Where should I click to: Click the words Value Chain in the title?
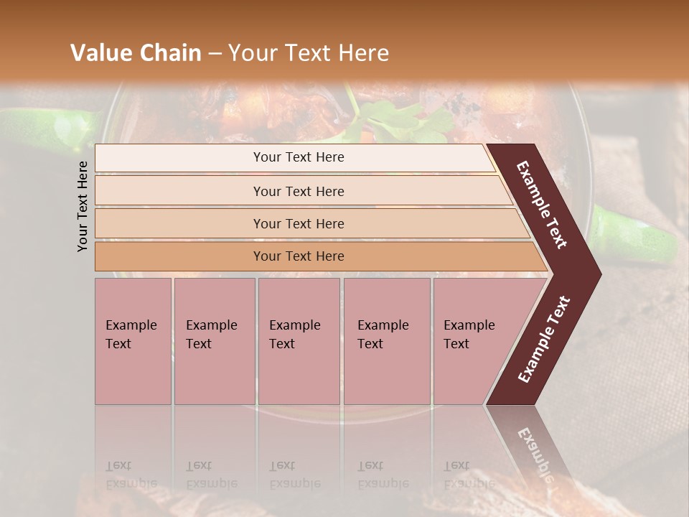tap(136, 53)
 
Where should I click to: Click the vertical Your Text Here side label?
tap(83, 206)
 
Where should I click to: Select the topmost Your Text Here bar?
tap(298, 157)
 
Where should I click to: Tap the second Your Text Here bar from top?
tap(298, 191)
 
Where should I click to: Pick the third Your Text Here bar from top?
tap(298, 223)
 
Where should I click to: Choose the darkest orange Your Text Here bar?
tap(298, 256)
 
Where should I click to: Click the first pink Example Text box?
tap(133, 341)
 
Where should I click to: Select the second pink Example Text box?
tap(214, 341)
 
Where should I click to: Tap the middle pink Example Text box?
tap(299, 341)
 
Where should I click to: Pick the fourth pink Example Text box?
tap(386, 341)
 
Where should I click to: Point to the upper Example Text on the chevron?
tap(543, 205)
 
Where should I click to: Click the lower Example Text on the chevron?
tap(544, 339)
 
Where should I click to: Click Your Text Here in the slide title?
tap(309, 53)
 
